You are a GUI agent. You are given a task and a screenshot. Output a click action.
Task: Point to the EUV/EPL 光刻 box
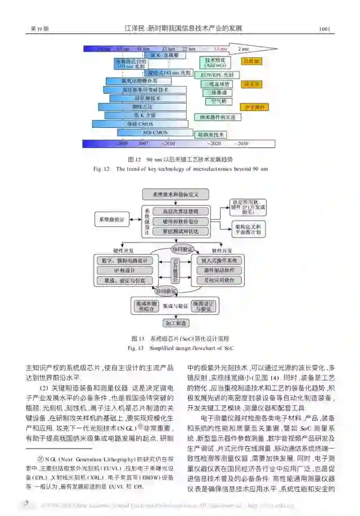click(217, 74)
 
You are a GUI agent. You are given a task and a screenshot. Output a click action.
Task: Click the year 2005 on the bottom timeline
click(123, 144)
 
